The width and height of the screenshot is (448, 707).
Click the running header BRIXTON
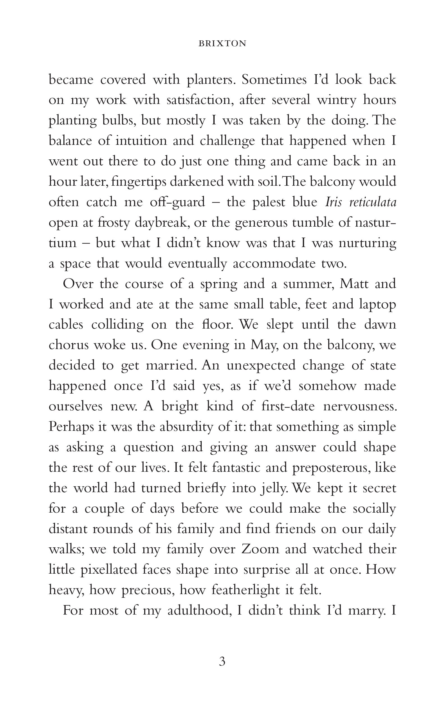click(x=222, y=43)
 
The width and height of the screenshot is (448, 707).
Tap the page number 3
click(x=222, y=662)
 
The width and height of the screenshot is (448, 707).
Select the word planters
click(x=211, y=80)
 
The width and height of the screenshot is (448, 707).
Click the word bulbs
click(x=119, y=120)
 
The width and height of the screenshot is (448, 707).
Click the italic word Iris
click(x=333, y=202)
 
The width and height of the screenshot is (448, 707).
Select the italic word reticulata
click(x=373, y=202)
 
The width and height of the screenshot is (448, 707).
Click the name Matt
click(x=354, y=284)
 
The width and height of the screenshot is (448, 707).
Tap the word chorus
click(x=68, y=345)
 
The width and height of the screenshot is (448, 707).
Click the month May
click(x=264, y=345)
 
